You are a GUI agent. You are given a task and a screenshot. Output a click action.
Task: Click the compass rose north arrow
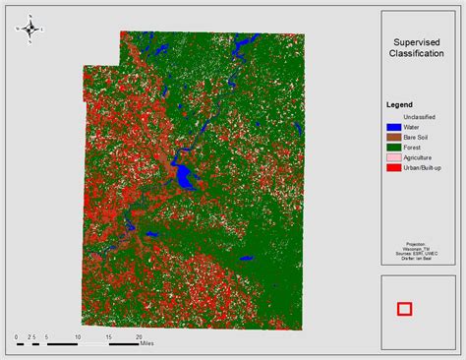29,29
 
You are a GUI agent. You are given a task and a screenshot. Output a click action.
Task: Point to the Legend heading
399,105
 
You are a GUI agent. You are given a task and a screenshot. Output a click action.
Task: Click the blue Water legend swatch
393,127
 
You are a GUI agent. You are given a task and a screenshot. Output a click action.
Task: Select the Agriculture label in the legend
424,157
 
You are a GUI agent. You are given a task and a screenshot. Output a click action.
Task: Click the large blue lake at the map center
184,177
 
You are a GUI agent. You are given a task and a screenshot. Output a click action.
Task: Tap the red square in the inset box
404,309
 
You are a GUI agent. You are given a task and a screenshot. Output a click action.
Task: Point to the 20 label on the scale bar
138,336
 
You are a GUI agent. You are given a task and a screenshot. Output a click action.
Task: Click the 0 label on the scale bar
17,336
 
